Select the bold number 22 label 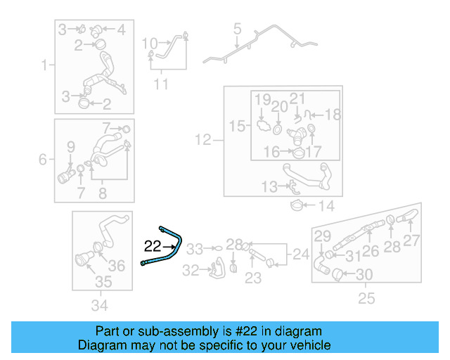pos(153,246)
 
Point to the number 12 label pos(203,141)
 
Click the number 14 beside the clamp pos(326,206)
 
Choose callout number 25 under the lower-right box pos(366,299)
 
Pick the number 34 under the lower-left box pos(100,305)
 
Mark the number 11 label pos(162,85)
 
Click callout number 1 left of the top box pos(44,66)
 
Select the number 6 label pos(43,160)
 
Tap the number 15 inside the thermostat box pos(237,126)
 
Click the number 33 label pos(194,249)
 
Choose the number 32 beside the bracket pos(191,270)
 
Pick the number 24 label pos(301,254)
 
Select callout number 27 pos(411,240)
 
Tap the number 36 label pos(117,265)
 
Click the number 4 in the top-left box pos(120,30)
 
